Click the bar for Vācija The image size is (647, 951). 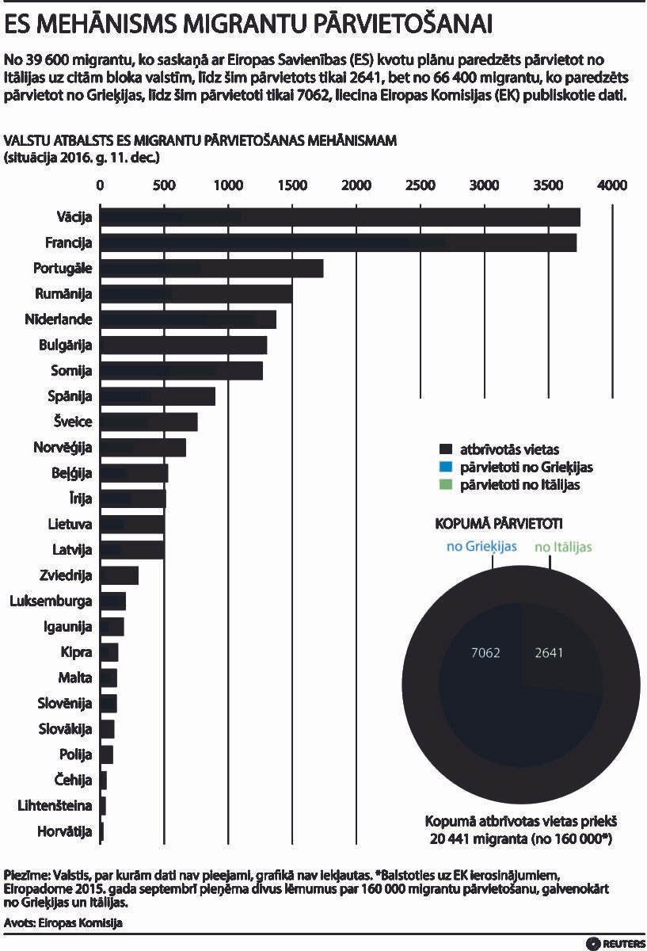341,217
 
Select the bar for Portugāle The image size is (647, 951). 212,269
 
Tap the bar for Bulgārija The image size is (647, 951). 184,346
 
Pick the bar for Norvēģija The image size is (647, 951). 143,448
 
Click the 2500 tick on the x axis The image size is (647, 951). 420,185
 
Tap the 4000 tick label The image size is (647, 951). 611,185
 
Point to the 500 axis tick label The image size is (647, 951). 164,185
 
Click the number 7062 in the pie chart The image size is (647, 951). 485,653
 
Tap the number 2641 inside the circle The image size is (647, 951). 549,653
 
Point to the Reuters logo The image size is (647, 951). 615,942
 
